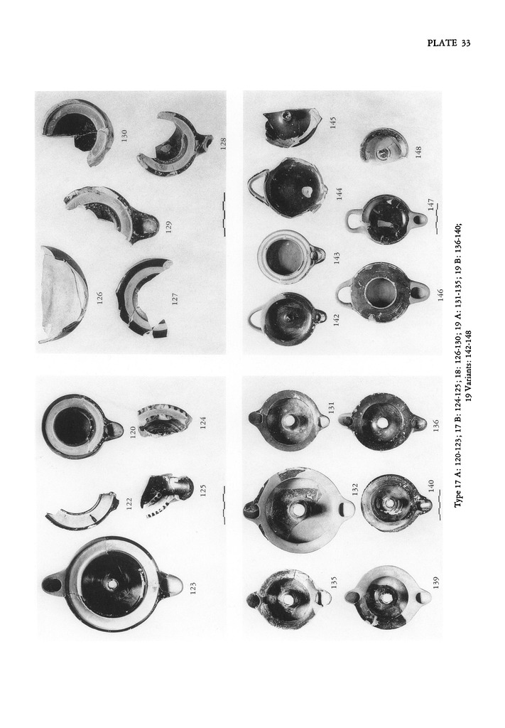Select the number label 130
124,136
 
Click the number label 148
419,152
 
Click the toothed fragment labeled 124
161,421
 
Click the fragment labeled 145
290,125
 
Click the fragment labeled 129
112,215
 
